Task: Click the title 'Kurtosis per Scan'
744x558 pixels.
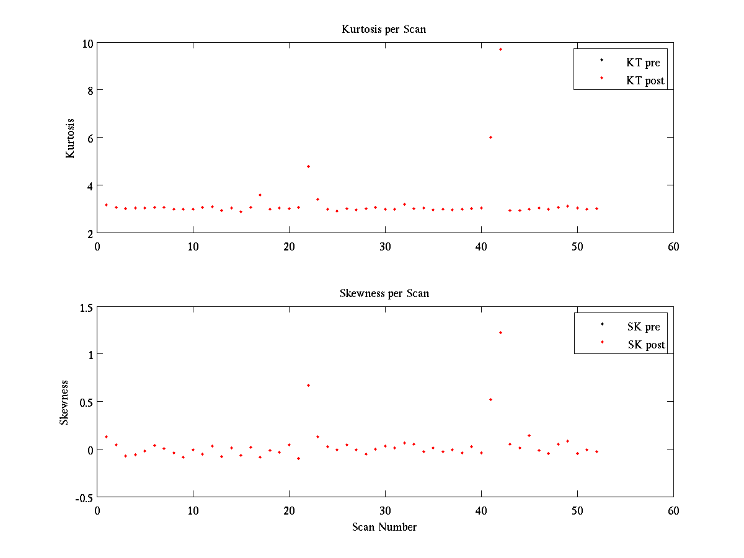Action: click(384, 29)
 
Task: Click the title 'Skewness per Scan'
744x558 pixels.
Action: click(384, 293)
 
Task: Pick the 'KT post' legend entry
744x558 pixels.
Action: click(645, 81)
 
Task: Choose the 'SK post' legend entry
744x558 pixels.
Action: click(645, 345)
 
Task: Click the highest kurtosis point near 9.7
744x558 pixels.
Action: click(500, 49)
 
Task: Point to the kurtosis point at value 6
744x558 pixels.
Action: click(490, 137)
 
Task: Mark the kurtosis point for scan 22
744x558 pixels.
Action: click(308, 166)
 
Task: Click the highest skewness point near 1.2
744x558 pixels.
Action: click(500, 332)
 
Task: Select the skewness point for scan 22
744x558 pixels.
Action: click(308, 385)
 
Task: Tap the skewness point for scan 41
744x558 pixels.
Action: click(490, 399)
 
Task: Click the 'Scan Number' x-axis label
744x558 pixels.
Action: click(384, 527)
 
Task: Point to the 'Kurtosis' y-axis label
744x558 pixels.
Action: click(70, 138)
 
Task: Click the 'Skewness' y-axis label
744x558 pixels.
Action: click(64, 402)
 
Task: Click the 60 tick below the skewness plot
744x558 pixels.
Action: click(673, 510)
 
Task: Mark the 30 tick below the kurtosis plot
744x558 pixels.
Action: click(385, 246)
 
